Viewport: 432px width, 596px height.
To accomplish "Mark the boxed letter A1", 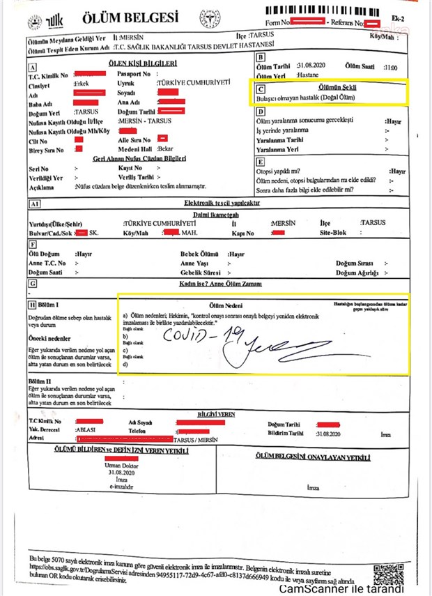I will tap(33, 204).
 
